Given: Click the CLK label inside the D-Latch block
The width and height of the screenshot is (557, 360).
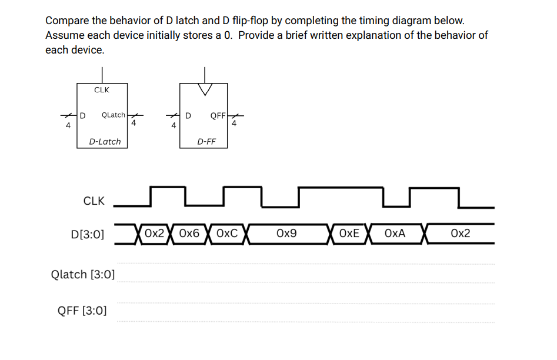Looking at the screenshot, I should (101, 90).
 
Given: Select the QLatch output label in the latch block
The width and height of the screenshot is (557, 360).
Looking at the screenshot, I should (113, 115).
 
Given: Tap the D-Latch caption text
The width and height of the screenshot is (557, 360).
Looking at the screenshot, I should (105, 141).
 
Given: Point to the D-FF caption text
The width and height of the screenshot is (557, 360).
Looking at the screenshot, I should (206, 141).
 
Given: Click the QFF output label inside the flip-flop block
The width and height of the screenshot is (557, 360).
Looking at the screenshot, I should (218, 115).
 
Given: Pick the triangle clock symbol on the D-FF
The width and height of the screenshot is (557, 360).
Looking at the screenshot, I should (205, 89).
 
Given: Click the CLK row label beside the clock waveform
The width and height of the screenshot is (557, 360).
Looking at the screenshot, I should (94, 201).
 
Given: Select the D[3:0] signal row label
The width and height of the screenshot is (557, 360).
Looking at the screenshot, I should (87, 235).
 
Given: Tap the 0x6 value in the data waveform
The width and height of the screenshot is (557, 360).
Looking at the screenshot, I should (189, 234).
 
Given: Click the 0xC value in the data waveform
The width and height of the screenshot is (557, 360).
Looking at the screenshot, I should (227, 234).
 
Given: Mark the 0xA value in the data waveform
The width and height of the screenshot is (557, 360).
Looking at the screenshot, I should (395, 234).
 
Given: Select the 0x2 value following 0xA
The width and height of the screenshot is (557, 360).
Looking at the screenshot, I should (460, 234).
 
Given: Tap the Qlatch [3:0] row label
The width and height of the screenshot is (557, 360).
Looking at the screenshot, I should (83, 274).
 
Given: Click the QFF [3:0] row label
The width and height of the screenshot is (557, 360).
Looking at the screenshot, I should (82, 310).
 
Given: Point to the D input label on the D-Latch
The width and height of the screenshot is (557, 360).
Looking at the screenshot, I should (83, 115).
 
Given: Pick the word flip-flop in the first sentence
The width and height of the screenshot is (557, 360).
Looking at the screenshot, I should (245, 21).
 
